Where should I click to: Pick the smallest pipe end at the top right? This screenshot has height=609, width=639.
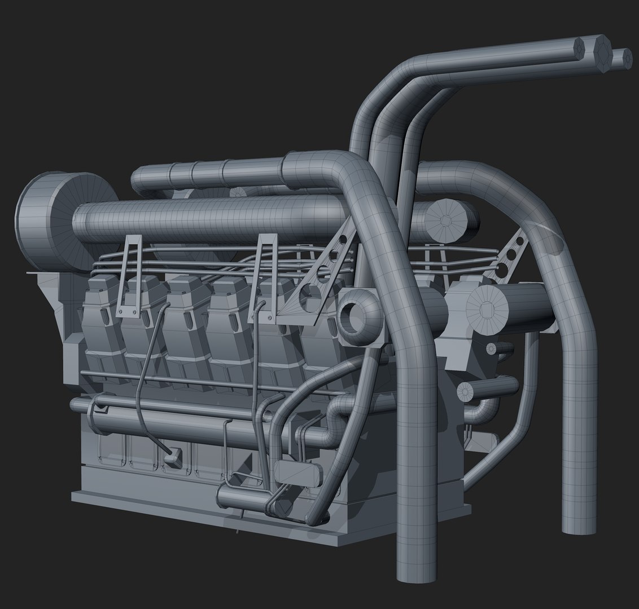tap(623, 58)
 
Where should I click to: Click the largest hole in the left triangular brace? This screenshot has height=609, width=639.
tap(309, 293)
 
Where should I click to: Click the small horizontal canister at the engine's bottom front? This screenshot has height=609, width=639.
tap(243, 497)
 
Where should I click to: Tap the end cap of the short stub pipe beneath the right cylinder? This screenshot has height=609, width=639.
tap(465, 390)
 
